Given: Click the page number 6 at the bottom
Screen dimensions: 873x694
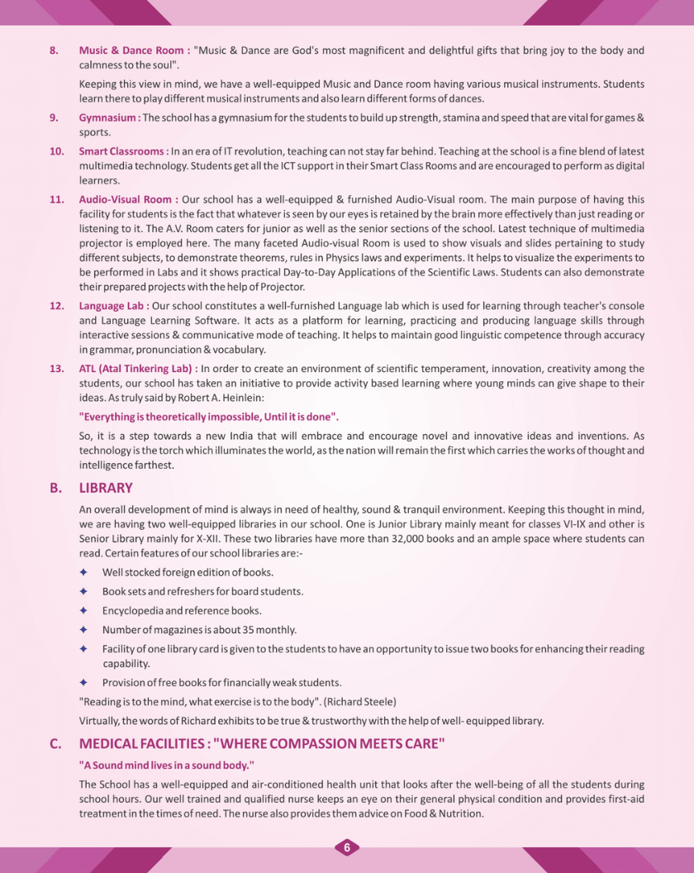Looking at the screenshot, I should [347, 847].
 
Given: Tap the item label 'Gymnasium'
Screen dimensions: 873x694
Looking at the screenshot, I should [107, 117].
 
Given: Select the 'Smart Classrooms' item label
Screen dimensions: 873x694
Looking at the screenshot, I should [122, 151].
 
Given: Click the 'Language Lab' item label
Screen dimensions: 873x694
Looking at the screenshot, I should [112, 306].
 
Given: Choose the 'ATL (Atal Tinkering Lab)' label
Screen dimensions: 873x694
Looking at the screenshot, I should [137, 368].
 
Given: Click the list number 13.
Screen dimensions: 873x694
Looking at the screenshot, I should [57, 368].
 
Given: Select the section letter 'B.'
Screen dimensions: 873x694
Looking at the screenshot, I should [56, 488].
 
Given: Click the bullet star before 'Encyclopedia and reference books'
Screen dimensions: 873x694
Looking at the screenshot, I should [83, 611].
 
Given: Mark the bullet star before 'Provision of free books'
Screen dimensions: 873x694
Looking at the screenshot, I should [83, 682].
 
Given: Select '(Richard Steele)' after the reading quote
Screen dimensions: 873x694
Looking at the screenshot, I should [361, 701].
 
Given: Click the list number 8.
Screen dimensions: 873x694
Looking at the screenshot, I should [54, 50].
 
